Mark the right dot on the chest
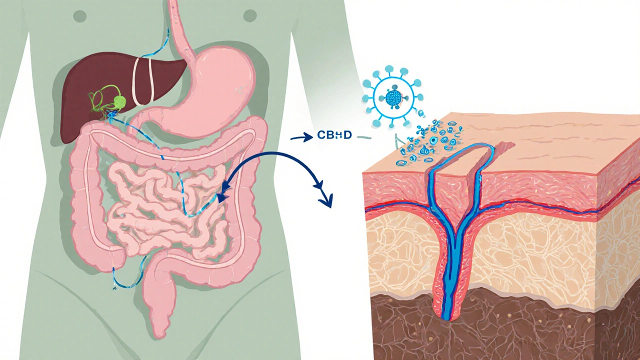coord(249,16)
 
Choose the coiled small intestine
coord(160,200)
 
